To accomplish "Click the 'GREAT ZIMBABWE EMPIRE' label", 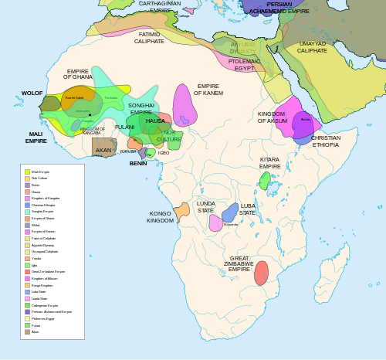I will click(x=239, y=263).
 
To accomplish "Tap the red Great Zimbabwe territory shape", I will click(x=261, y=273).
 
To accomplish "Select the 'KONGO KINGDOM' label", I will click(x=161, y=216).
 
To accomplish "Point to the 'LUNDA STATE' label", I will click(x=206, y=206).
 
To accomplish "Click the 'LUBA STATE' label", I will click(x=248, y=209).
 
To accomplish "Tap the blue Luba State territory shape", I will click(x=230, y=212).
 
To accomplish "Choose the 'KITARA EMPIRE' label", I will click(x=270, y=163).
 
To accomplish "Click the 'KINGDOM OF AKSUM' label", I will click(x=272, y=117).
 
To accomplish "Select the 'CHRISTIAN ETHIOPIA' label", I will click(x=326, y=141).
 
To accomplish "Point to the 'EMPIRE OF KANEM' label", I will click(x=208, y=90).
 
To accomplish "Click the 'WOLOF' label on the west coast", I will click(x=32, y=93).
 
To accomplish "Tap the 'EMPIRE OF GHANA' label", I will click(x=77, y=74).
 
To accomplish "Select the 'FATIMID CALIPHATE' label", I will click(x=149, y=38).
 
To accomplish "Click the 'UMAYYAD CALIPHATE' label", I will click(x=313, y=47).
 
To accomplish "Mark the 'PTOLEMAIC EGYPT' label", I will click(x=245, y=64).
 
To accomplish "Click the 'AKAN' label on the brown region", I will click(x=103, y=151).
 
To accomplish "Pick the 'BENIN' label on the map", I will click(x=138, y=164).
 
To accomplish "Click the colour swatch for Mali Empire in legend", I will click(x=27, y=172).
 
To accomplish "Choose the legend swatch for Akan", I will click(x=27, y=331).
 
